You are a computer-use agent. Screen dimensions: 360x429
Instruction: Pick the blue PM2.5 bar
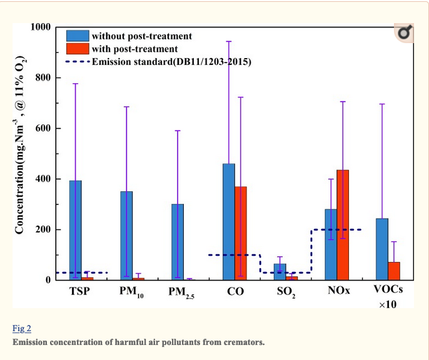177,241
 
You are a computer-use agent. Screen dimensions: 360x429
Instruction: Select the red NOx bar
343,224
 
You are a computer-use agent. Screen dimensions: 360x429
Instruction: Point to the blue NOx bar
331,244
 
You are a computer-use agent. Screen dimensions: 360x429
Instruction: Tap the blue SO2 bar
280,271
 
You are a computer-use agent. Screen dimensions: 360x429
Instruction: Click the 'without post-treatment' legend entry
141,36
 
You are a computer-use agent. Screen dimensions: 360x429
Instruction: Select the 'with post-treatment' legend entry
134,49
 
